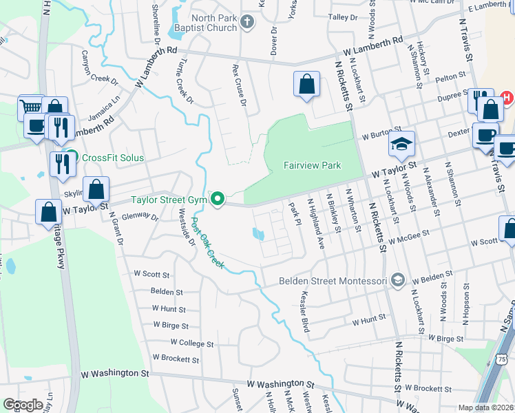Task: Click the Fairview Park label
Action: click(312, 166)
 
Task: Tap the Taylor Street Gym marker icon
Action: click(218, 200)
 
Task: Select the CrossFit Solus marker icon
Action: click(70, 157)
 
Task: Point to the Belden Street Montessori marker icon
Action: click(397, 280)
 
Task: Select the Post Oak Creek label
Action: click(208, 243)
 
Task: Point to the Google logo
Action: click(23, 405)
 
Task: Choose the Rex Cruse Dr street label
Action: click(240, 87)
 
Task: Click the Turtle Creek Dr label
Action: click(185, 81)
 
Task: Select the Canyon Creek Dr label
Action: click(100, 66)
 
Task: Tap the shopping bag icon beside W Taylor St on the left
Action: click(97, 189)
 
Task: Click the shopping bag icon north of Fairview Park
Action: click(306, 84)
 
